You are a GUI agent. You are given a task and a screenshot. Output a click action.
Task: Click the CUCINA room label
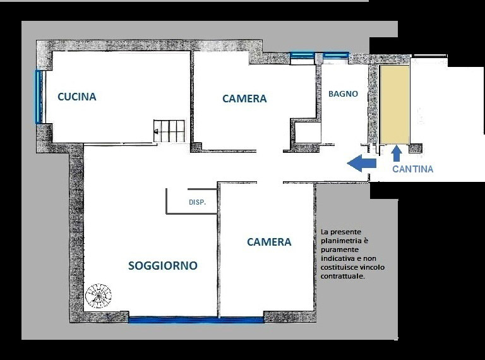click(x=77, y=97)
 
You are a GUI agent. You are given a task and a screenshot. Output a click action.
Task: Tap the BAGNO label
click(x=343, y=93)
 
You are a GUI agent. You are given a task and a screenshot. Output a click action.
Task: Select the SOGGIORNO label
click(x=163, y=266)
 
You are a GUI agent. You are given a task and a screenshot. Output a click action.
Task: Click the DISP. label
click(x=197, y=202)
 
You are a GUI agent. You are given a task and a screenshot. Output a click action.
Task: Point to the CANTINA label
click(x=412, y=169)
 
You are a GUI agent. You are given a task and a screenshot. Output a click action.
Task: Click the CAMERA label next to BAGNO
click(x=244, y=99)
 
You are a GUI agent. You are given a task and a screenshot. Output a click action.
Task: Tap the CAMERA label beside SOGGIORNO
click(x=269, y=242)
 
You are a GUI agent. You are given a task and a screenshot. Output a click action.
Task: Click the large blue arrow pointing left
click(x=361, y=163)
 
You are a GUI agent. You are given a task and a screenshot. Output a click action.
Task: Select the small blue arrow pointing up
click(x=397, y=153)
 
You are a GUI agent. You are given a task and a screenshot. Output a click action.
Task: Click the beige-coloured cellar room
click(x=395, y=105)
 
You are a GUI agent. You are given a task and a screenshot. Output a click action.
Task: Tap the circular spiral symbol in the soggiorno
click(x=99, y=296)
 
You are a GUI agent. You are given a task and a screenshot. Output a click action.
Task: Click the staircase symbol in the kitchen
click(x=169, y=131)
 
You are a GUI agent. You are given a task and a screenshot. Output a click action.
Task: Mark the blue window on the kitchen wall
click(x=39, y=97)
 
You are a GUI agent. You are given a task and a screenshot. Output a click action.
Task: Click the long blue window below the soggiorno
click(x=196, y=320)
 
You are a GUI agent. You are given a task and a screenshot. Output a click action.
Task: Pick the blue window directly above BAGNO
click(x=336, y=56)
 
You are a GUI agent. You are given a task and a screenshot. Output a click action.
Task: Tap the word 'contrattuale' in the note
click(x=343, y=276)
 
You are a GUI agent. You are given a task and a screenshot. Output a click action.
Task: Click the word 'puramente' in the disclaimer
click(x=340, y=249)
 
